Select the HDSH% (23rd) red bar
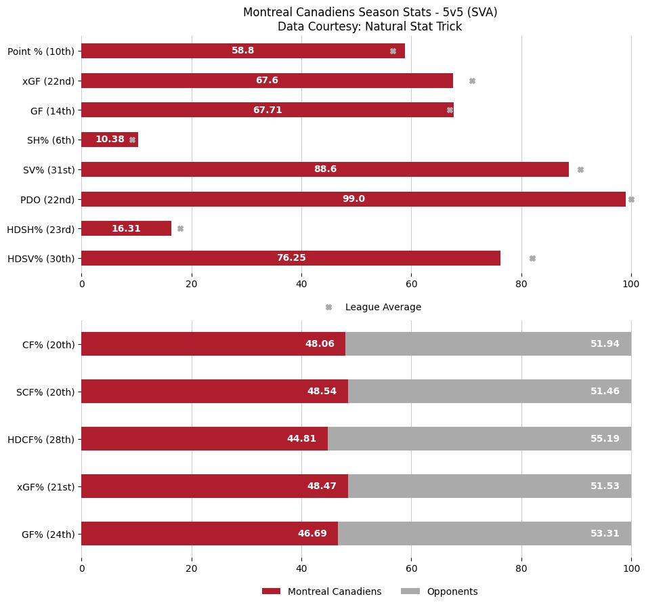click(126, 228)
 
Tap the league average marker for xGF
click(472, 81)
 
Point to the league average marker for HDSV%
click(532, 258)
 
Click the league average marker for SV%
click(580, 169)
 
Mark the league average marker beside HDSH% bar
click(180, 228)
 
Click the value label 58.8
click(242, 51)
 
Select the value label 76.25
click(291, 258)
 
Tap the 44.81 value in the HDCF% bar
click(301, 438)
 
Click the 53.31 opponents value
click(605, 533)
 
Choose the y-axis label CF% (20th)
click(48, 344)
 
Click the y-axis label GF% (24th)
click(48, 534)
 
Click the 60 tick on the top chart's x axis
click(411, 285)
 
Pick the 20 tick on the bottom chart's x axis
click(192, 569)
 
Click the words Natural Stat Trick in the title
click(414, 27)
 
